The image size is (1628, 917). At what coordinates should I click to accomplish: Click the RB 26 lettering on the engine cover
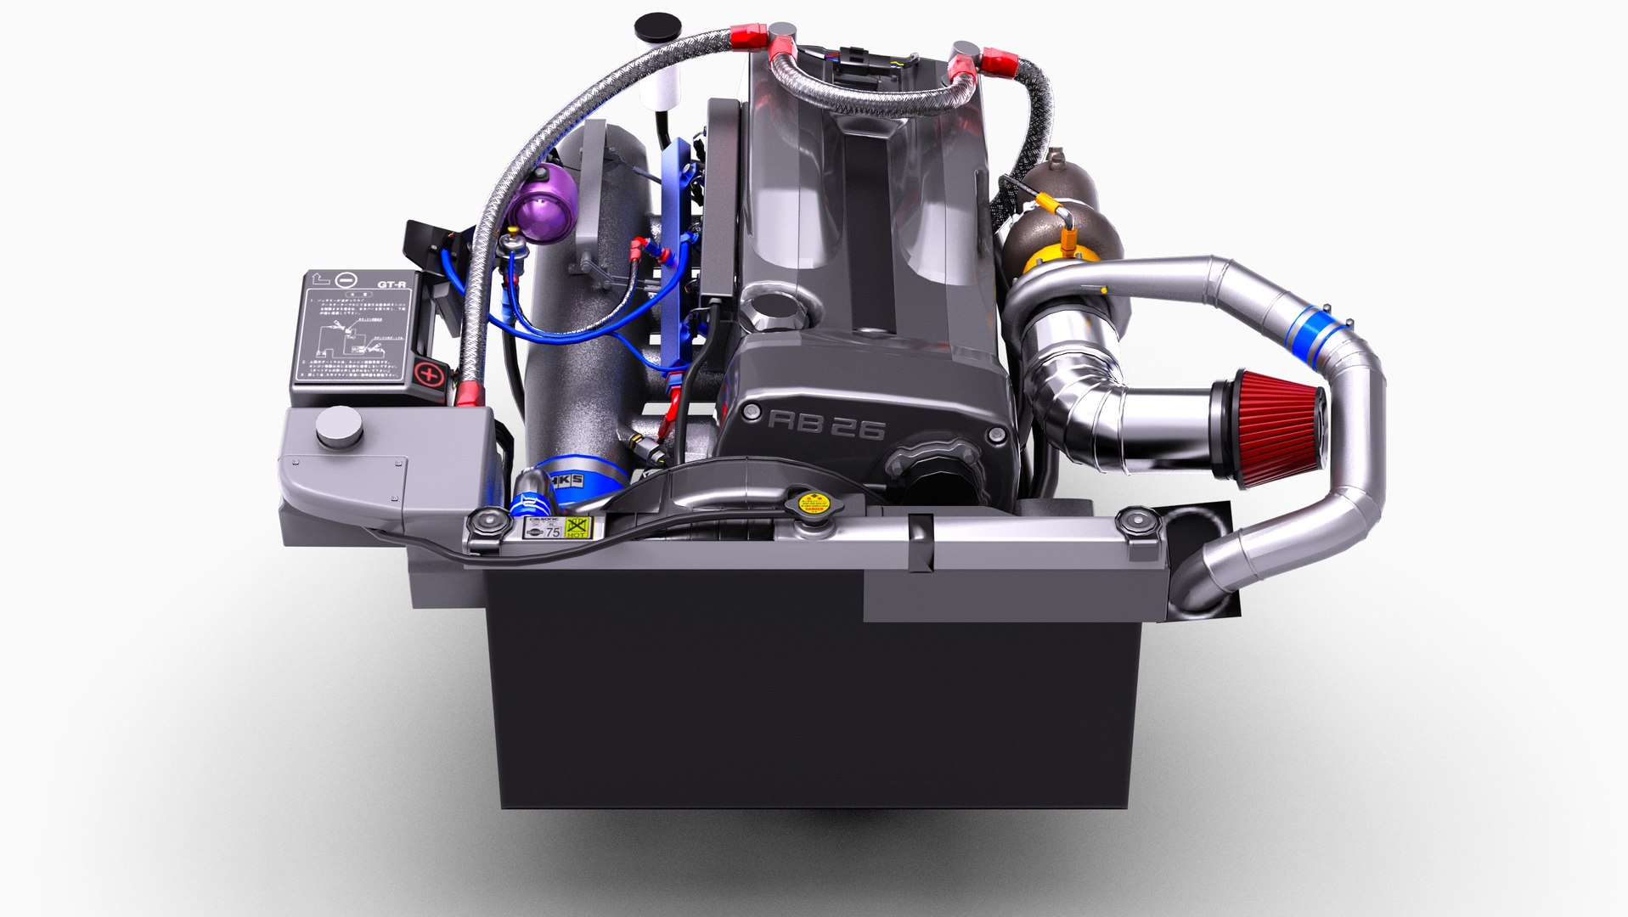[x=826, y=425]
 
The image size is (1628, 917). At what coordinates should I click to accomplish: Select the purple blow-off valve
[x=532, y=204]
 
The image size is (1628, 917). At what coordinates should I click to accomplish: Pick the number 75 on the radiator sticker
[x=552, y=532]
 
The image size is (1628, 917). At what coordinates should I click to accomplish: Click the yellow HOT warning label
[x=577, y=527]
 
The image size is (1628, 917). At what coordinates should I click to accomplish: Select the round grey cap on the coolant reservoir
[x=338, y=425]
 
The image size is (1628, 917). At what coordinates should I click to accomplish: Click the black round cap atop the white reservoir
[x=652, y=24]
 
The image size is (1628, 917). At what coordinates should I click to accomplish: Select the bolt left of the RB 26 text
[x=750, y=413]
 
